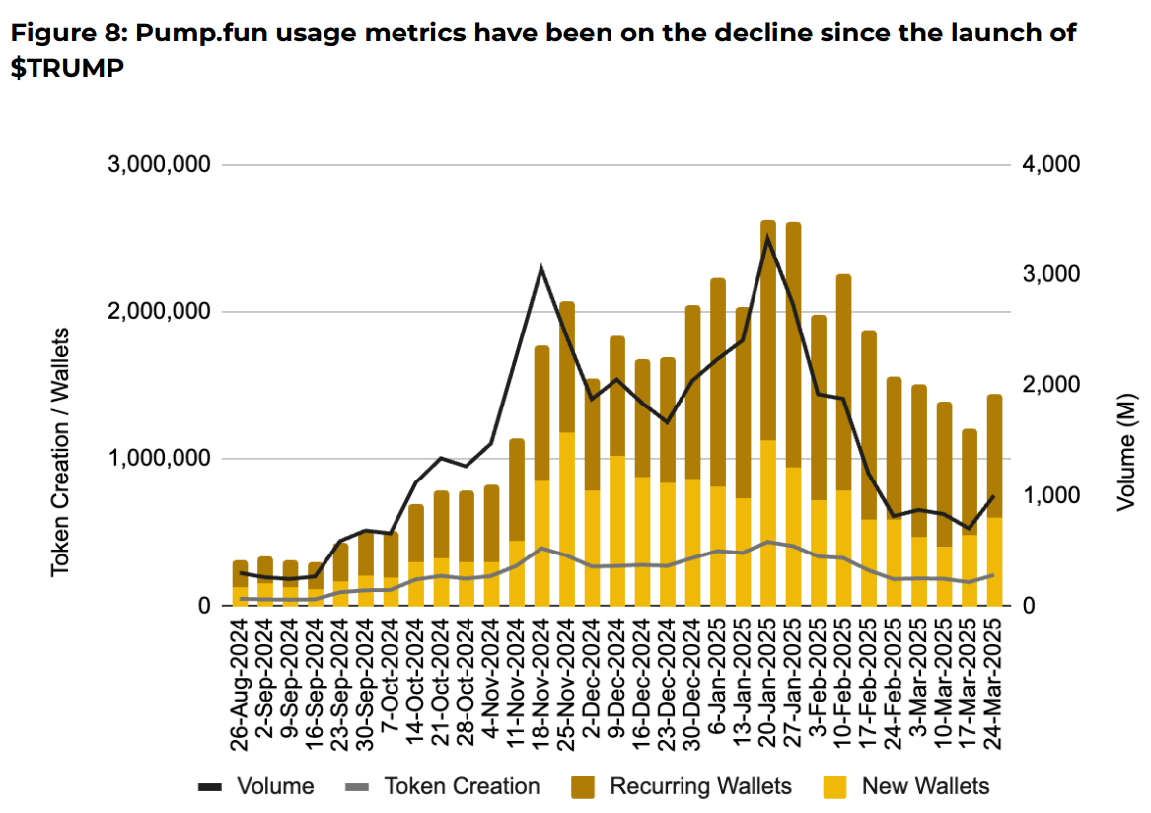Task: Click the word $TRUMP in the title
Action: pyautogui.click(x=67, y=71)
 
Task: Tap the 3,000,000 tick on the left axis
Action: pyautogui.click(x=158, y=164)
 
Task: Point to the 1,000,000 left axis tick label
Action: pyautogui.click(x=158, y=459)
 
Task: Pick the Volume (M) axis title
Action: pyautogui.click(x=1127, y=459)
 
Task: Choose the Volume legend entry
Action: pyautogui.click(x=255, y=786)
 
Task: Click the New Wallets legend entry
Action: pyautogui.click(x=907, y=786)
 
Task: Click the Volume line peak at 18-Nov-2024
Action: pyautogui.click(x=541, y=268)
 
